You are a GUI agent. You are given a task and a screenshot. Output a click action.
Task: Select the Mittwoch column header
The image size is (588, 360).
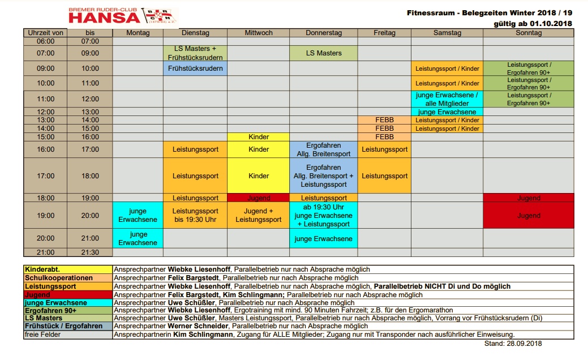(x=258, y=33)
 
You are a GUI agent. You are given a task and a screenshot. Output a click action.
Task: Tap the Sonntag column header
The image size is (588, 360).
(x=529, y=33)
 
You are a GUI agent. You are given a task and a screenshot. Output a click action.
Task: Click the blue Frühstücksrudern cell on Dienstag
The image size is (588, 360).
(x=195, y=68)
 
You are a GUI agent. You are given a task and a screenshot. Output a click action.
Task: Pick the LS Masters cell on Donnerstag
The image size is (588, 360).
(x=324, y=53)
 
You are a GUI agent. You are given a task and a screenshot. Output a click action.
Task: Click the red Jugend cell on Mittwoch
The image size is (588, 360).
(x=259, y=198)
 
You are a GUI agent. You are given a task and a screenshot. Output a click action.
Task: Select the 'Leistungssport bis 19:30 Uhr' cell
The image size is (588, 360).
(x=195, y=215)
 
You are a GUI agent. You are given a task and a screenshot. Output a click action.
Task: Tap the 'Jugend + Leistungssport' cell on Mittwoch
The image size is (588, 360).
(x=259, y=215)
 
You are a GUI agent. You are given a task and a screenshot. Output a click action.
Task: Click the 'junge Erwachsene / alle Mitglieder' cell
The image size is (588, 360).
(x=447, y=99)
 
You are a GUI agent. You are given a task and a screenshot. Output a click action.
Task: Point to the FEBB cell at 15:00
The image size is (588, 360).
(x=384, y=137)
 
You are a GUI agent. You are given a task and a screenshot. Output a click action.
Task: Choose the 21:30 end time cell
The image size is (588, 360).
(x=90, y=252)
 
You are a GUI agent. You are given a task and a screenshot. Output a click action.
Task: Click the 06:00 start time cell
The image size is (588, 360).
(x=45, y=41)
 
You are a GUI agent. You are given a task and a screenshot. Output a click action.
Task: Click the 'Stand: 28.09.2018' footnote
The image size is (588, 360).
(x=513, y=344)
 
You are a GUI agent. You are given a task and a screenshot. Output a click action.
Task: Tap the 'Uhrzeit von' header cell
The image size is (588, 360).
(x=45, y=33)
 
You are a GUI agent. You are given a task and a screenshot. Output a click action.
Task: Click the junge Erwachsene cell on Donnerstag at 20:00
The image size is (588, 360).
(x=324, y=238)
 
